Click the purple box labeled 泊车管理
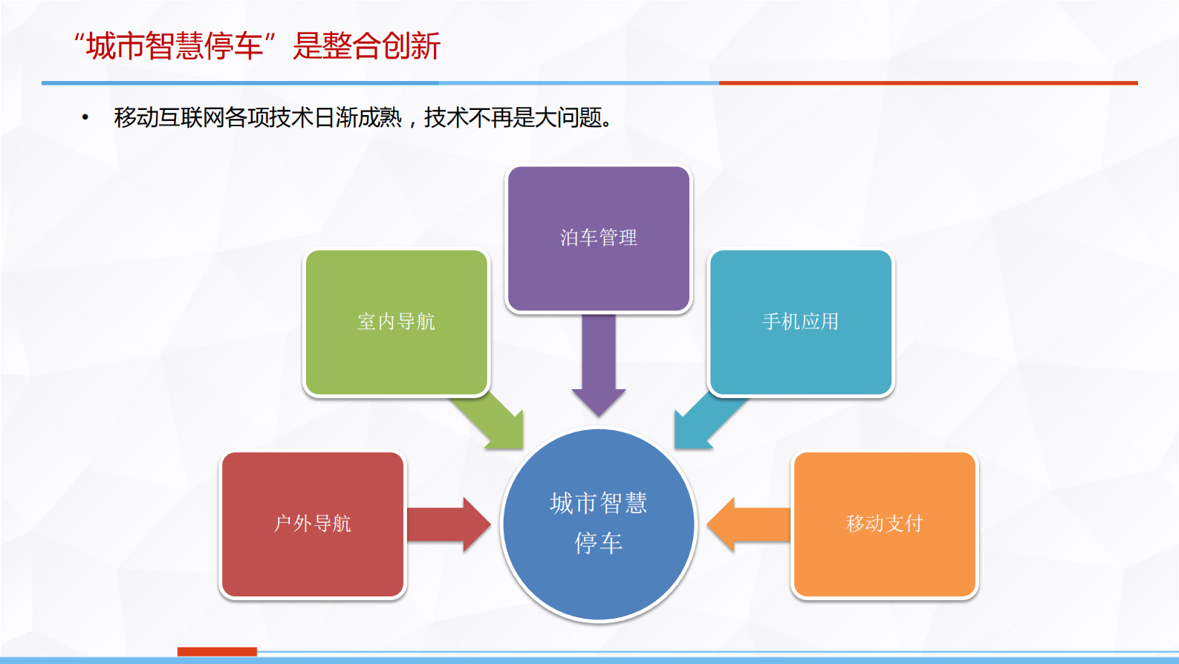[598, 238]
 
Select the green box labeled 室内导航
[396, 322]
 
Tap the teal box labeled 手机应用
[801, 322]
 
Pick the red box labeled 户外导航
[313, 524]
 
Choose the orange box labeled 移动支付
[884, 524]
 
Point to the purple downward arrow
[598, 364]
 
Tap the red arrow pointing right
[446, 524]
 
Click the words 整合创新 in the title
[381, 46]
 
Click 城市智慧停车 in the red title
[175, 46]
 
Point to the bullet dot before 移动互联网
[85, 117]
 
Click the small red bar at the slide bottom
[217, 651]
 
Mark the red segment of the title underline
[929, 82]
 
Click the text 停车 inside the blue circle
[598, 543]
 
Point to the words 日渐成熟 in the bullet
[357, 117]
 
